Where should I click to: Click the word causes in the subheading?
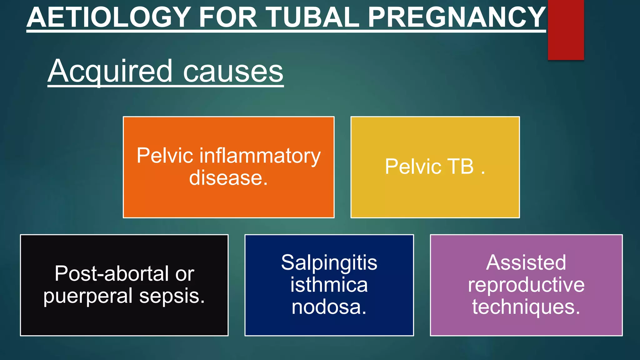pyautogui.click(x=233, y=72)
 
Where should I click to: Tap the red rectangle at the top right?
pyautogui.click(x=566, y=30)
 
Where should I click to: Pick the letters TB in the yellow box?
pyautogui.click(x=461, y=166)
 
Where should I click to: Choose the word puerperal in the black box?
pyautogui.click(x=88, y=296)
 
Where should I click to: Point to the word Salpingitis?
pyautogui.click(x=329, y=262)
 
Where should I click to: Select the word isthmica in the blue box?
pyautogui.click(x=329, y=285)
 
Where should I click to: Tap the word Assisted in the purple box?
pyautogui.click(x=526, y=262)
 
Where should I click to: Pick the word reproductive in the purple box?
pyautogui.click(x=526, y=285)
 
